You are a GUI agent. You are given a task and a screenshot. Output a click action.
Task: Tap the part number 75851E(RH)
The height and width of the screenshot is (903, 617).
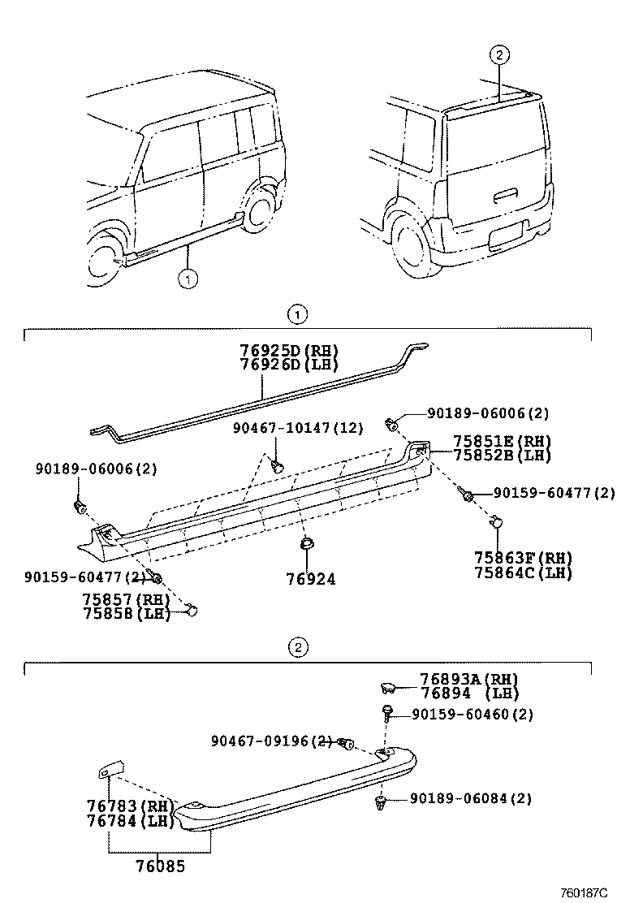pyautogui.click(x=502, y=442)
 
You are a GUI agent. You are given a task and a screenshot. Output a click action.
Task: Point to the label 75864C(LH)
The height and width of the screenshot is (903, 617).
pyautogui.click(x=524, y=572)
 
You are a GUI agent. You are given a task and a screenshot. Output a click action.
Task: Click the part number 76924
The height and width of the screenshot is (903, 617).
pyautogui.click(x=309, y=580)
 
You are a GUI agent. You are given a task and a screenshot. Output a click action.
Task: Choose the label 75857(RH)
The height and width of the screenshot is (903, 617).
pyautogui.click(x=125, y=599)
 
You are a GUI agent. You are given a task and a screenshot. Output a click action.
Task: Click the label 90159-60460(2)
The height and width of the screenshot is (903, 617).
pyautogui.click(x=472, y=715)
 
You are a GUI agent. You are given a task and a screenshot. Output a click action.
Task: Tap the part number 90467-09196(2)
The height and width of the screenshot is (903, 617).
pyautogui.click(x=271, y=741)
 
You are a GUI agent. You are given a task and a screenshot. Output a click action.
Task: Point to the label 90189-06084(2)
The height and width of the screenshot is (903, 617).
pyautogui.click(x=471, y=799)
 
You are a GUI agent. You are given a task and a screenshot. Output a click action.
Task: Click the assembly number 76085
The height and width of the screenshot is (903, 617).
pyautogui.click(x=160, y=866)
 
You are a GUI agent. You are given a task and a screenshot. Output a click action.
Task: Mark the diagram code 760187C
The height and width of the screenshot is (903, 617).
pyautogui.click(x=583, y=892)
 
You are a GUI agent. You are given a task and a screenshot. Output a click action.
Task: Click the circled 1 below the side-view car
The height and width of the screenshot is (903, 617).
pyautogui.click(x=188, y=280)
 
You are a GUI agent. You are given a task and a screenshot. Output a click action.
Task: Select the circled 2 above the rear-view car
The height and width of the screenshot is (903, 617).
pyautogui.click(x=500, y=55)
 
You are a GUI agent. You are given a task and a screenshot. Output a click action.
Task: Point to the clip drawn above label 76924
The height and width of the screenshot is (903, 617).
pyautogui.click(x=308, y=543)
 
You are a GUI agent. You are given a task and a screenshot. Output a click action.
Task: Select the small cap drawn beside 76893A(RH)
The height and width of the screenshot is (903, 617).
pyautogui.click(x=388, y=689)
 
